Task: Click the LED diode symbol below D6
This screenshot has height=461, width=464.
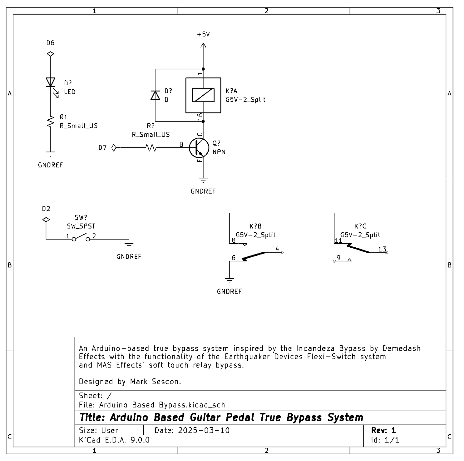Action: click(50, 83)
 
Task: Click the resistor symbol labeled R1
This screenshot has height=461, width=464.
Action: click(50, 122)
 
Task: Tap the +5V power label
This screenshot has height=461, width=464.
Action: click(203, 34)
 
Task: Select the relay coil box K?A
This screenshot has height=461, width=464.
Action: click(203, 95)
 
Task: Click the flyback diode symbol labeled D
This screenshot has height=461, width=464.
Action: click(155, 95)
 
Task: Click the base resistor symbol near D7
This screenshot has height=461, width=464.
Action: click(151, 148)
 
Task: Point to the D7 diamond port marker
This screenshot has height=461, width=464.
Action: click(114, 148)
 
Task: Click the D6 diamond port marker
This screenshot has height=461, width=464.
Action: click(50, 54)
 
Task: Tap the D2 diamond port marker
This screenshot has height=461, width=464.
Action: click(46, 220)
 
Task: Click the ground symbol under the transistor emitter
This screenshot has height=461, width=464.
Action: click(203, 180)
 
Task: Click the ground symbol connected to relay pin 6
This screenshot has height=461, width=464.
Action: click(229, 280)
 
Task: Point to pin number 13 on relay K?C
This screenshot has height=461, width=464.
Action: click(382, 249)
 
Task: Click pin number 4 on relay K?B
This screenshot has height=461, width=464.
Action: click(277, 249)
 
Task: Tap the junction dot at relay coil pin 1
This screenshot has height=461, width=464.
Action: click(203, 69)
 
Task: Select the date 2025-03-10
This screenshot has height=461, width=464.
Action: click(204, 430)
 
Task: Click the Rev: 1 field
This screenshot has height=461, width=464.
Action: click(383, 430)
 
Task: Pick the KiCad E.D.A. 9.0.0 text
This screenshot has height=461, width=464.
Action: click(114, 440)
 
